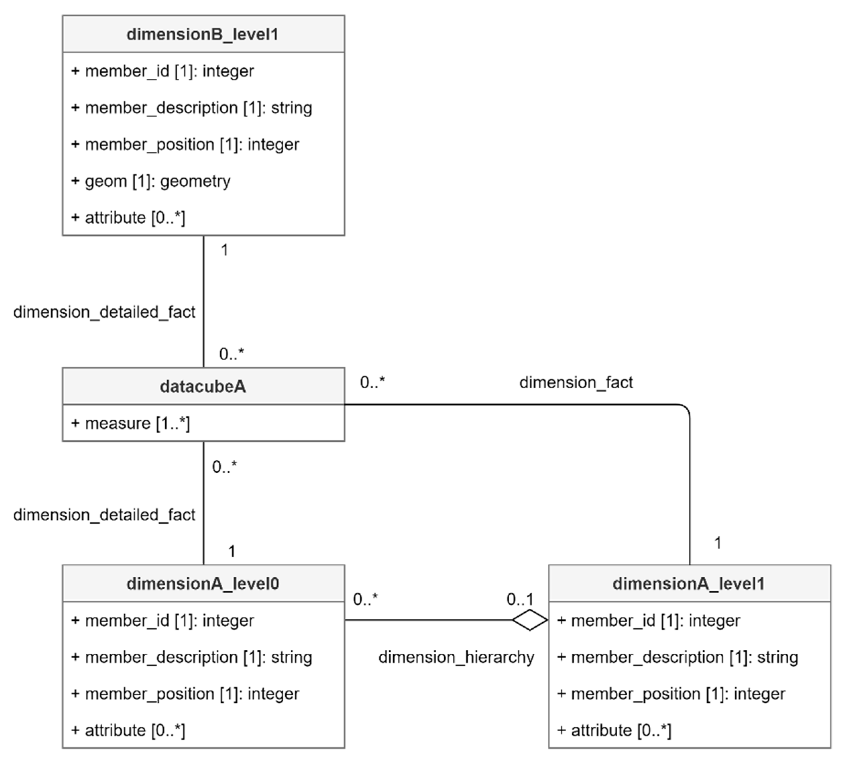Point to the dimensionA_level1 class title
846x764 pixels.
click(x=689, y=584)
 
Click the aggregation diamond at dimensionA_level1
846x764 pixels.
click(x=530, y=620)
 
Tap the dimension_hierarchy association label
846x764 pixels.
click(x=456, y=657)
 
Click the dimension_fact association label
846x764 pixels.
click(x=576, y=382)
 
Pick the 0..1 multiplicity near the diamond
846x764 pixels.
click(x=519, y=599)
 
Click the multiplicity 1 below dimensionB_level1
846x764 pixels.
click(x=225, y=250)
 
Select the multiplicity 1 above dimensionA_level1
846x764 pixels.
click(x=718, y=543)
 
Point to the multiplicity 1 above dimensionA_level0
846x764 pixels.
click(x=232, y=551)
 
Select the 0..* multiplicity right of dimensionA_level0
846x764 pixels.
click(x=365, y=599)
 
